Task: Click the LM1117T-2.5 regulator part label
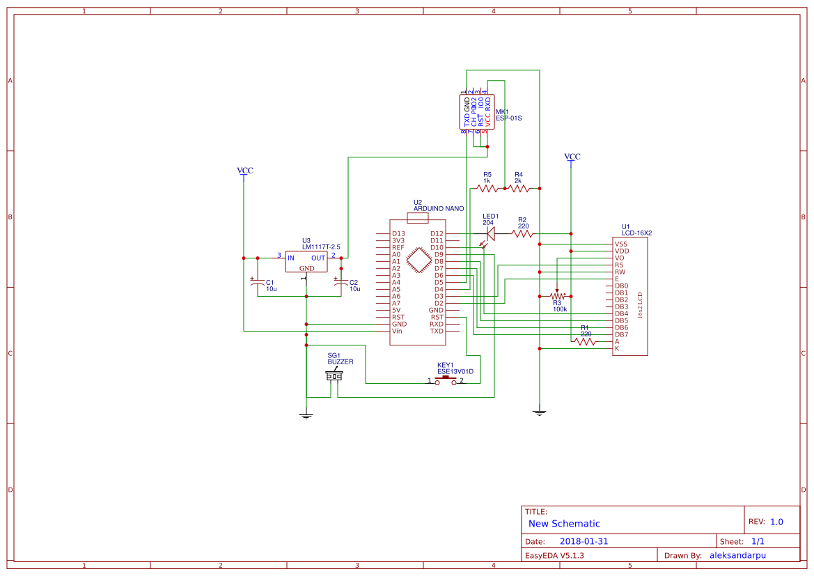click(321, 247)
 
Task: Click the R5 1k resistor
click(487, 188)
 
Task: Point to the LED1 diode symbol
click(490, 234)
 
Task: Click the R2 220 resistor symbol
click(523, 234)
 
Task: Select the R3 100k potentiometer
click(557, 296)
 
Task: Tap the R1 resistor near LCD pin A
click(585, 341)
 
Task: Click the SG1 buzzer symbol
click(334, 376)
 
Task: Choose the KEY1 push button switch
click(446, 380)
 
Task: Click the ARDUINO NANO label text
click(439, 208)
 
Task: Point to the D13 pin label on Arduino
click(398, 233)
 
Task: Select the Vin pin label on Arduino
click(397, 331)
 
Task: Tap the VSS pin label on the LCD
click(620, 244)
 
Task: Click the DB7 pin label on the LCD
click(622, 334)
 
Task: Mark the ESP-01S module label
click(508, 118)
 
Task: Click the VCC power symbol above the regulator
click(244, 171)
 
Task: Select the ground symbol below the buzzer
click(306, 415)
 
